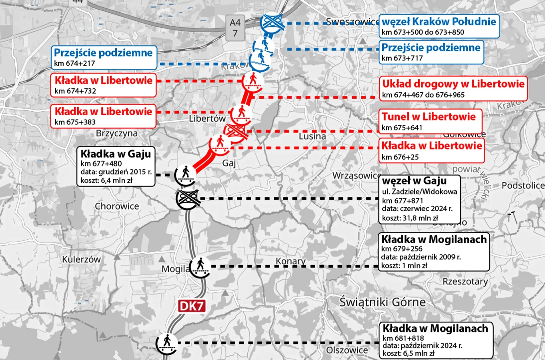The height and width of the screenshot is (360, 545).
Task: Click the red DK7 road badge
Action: click(192, 306)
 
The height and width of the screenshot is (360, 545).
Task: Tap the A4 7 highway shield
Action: click(235, 28)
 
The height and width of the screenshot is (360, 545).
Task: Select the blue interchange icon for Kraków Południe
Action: click(272, 23)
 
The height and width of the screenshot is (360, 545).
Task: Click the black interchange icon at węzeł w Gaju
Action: click(187, 198)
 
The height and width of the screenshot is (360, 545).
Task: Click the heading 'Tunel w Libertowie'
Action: click(428, 117)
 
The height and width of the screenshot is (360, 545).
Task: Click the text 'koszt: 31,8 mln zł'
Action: click(410, 218)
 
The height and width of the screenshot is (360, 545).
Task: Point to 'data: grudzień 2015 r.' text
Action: click(116, 172)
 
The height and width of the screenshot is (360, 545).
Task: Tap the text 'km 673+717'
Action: click(402, 58)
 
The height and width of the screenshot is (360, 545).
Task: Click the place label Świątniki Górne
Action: click(383, 302)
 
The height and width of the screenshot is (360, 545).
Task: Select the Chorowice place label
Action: click(117, 206)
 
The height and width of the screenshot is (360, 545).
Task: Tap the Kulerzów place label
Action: click(81, 260)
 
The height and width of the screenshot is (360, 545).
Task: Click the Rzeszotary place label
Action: click(465, 282)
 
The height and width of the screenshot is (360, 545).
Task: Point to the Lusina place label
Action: click(312, 136)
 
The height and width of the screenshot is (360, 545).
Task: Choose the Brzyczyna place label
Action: click(116, 133)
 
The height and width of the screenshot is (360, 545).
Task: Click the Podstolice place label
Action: click(523, 186)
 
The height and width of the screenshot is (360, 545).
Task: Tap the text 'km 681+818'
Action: click(403, 338)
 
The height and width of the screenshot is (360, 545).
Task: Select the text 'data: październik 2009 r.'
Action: click(421, 257)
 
